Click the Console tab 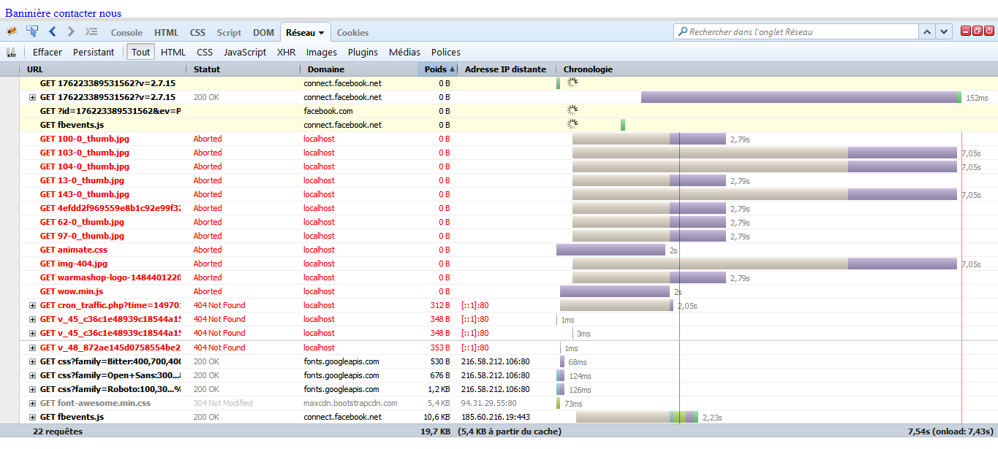click(x=126, y=33)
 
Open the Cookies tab click(x=352, y=33)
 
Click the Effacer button click(x=48, y=53)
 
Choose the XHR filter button click(x=286, y=53)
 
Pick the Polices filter click(x=446, y=53)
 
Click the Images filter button click(x=322, y=53)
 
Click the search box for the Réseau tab click(x=797, y=32)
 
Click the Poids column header click(x=436, y=69)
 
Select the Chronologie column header click(x=588, y=69)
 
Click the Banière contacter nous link click(x=63, y=13)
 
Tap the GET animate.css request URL click(x=73, y=250)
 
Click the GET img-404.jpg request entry click(x=73, y=264)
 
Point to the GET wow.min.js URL click(x=71, y=291)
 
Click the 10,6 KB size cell click(x=436, y=417)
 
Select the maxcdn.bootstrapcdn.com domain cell click(x=350, y=403)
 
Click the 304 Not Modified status click(x=222, y=403)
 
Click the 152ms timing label click(x=977, y=98)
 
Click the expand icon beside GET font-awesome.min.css click(x=32, y=403)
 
